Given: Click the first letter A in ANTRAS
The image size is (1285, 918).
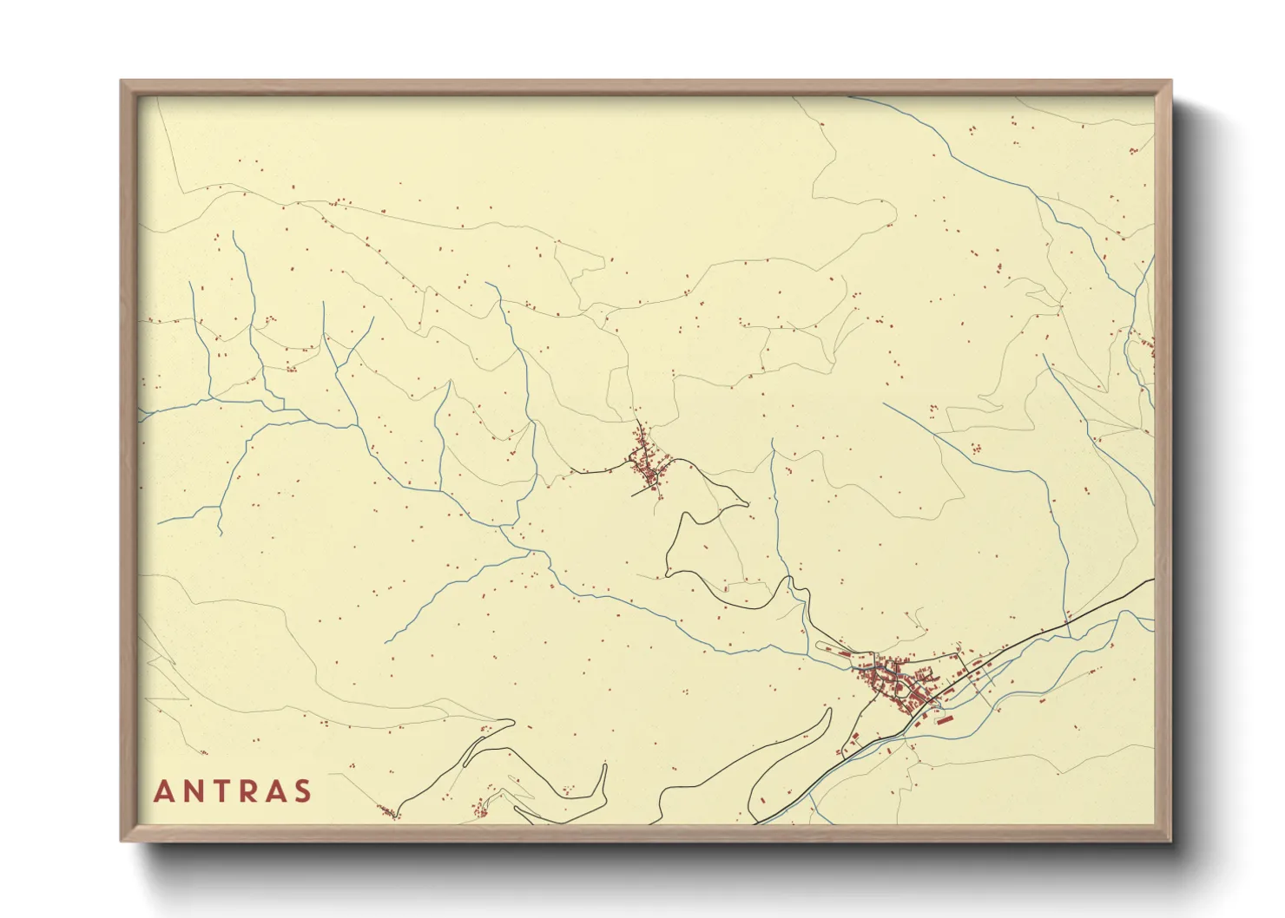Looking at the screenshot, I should [x=163, y=791].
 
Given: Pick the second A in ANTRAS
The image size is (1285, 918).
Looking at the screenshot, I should [x=277, y=791].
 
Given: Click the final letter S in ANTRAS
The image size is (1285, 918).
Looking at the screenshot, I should [x=303, y=791].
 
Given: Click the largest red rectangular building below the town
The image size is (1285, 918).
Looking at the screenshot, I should [x=943, y=718].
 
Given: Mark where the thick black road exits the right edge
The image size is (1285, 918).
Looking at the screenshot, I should [x=1153, y=580].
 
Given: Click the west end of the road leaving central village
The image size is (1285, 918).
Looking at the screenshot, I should [x=570, y=472].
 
